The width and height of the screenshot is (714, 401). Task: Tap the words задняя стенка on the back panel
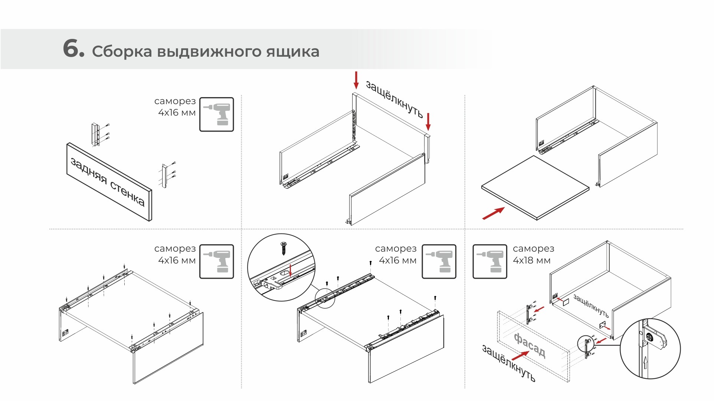(x=108, y=182)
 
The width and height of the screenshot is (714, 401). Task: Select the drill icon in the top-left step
(x=217, y=115)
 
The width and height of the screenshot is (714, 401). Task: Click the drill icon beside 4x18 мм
(x=489, y=261)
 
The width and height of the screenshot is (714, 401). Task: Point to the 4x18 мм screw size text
(x=531, y=261)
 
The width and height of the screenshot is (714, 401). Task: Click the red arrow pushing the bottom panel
(x=493, y=213)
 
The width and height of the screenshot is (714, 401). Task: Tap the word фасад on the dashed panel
(x=530, y=345)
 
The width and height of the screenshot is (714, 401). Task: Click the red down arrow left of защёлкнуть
(x=356, y=80)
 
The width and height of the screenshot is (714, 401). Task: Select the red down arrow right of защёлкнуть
(x=428, y=122)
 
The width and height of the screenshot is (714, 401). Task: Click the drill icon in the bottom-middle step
(x=439, y=261)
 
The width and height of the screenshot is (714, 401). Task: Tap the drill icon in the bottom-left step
(x=217, y=261)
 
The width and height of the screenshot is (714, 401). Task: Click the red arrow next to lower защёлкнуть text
(x=520, y=355)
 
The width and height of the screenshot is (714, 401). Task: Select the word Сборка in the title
(x=122, y=52)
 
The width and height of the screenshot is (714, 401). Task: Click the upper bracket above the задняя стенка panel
(x=96, y=134)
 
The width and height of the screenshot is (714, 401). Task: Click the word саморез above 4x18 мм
(x=533, y=249)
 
